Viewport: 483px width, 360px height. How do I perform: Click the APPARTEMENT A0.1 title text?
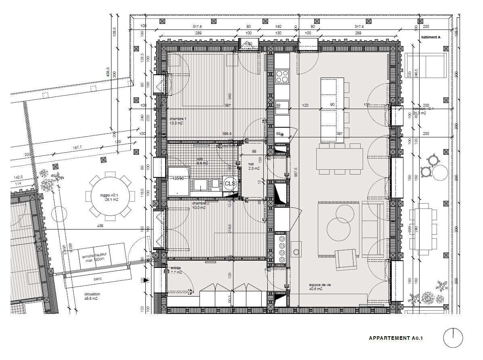[x=395, y=338]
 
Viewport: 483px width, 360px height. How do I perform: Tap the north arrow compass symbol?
[x=453, y=338]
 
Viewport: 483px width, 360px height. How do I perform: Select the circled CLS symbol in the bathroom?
[x=230, y=184]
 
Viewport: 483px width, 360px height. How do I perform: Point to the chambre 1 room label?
[x=178, y=121]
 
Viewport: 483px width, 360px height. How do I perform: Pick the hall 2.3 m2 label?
[x=253, y=166]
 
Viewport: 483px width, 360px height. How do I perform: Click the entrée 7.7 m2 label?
[x=176, y=270]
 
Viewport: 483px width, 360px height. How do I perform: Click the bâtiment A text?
[x=430, y=37]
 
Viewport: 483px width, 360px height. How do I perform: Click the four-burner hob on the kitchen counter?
[x=282, y=76]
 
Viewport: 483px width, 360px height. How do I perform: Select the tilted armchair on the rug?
[x=346, y=259]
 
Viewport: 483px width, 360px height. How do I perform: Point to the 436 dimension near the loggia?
[x=100, y=226]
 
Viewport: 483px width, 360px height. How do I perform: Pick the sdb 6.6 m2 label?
[x=202, y=161]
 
